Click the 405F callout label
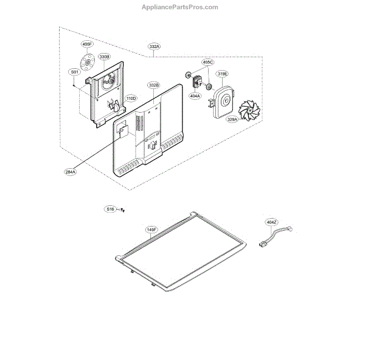(x=88, y=44)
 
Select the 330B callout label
(x=104, y=57)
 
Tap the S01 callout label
(x=74, y=72)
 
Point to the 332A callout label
(x=154, y=46)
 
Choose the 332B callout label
(x=153, y=85)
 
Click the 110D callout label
(x=131, y=98)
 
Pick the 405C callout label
(x=208, y=62)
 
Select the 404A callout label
(x=195, y=96)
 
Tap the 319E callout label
(x=223, y=74)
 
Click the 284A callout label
(x=71, y=172)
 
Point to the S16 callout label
(x=110, y=209)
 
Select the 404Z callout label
(x=271, y=222)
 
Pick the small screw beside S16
(x=122, y=210)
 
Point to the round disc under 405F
(x=89, y=62)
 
